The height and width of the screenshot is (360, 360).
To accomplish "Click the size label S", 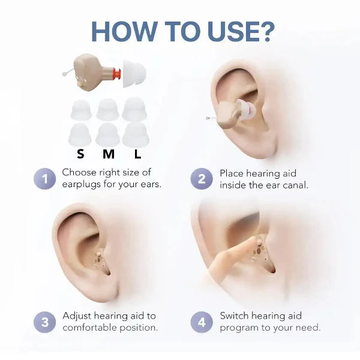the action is click(80, 154).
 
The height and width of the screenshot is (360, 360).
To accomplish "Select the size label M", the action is click(109, 154).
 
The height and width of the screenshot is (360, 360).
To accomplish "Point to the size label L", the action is click(137, 154).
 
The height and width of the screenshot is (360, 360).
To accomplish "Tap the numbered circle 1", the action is click(45, 179).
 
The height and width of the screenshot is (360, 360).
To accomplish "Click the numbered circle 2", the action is click(202, 179).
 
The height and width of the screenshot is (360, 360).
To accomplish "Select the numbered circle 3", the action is click(45, 322).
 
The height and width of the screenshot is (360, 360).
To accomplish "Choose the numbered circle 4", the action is click(202, 322).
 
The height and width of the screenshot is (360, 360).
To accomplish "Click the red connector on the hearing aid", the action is click(117, 74).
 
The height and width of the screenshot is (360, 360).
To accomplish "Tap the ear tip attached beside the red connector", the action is click(134, 73).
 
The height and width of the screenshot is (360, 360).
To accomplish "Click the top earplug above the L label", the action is click(133, 109).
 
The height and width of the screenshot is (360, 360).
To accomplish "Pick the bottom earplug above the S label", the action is click(80, 135).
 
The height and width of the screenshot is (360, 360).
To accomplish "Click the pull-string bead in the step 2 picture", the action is click(208, 118).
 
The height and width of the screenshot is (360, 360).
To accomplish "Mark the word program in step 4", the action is click(239, 328).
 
